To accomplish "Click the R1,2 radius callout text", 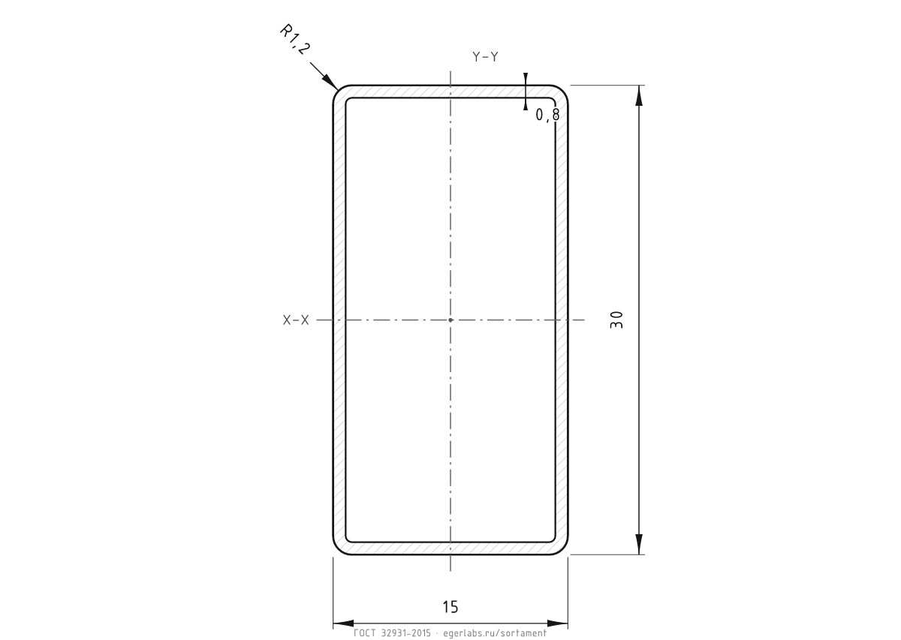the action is point(295,40).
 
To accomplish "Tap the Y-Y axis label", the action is point(485,57).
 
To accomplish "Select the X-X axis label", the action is point(296,320).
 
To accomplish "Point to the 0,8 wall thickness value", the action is point(547,115).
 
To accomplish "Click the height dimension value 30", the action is point(616,320).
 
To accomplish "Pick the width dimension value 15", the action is point(450,607).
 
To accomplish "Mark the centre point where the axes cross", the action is point(450,320).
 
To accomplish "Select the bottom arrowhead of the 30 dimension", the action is point(639,544).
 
